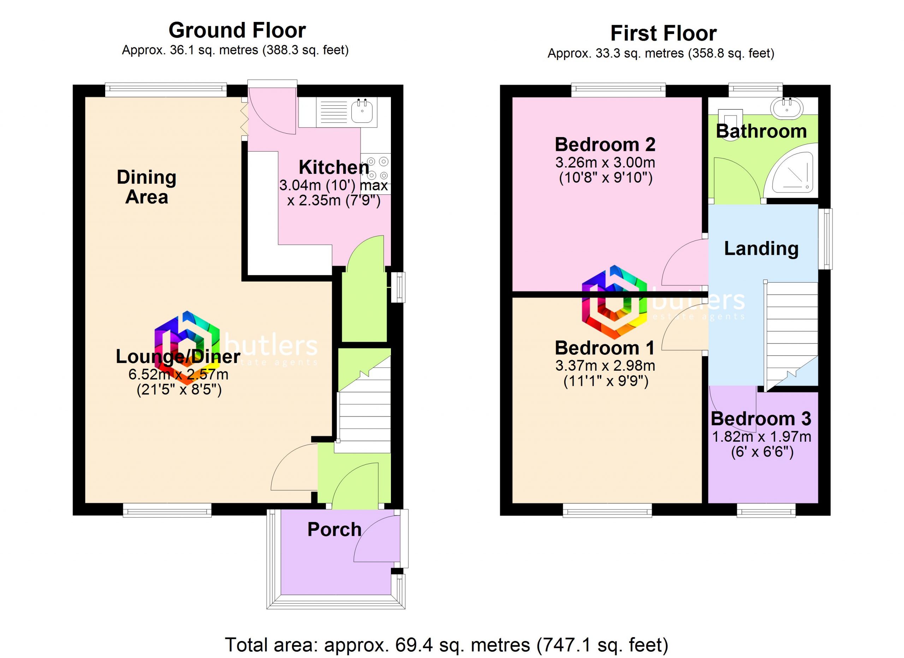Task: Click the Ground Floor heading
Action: pos(237,30)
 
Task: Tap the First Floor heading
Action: pos(664,34)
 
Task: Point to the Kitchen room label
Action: pos(334,168)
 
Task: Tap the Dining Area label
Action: pos(147,187)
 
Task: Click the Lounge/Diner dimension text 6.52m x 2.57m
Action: pos(179,375)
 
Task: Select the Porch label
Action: pos(334,530)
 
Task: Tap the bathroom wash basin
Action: pos(787,108)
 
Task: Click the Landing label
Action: pos(761,249)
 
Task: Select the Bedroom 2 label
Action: pos(605,145)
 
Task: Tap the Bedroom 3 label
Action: pos(761,419)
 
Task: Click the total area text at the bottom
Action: pos(447,645)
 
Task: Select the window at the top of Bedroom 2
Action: pos(618,90)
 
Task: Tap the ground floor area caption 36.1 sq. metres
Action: pos(235,51)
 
